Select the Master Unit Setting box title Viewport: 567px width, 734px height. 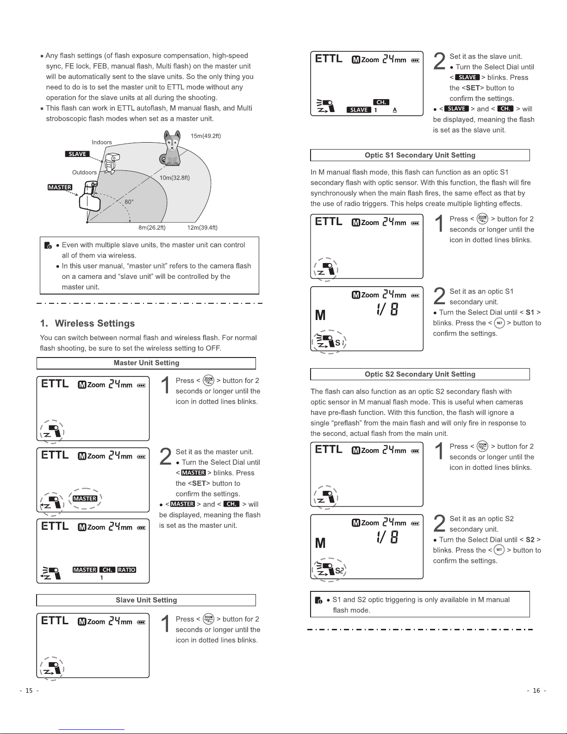tap(146, 363)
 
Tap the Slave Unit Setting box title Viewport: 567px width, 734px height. tap(146, 600)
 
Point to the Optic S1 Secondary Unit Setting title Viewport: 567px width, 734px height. tap(420, 155)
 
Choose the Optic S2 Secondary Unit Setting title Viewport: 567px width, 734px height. tap(420, 374)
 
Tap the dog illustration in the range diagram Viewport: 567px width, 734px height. tap(172, 148)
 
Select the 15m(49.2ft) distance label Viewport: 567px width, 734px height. tap(206, 136)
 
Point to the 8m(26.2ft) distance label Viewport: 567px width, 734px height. tap(152, 227)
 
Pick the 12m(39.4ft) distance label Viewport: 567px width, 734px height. tap(202, 227)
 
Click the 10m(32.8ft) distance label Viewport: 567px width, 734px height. tap(174, 177)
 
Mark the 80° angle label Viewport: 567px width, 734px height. tap(129, 202)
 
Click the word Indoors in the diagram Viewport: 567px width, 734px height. tap(102, 142)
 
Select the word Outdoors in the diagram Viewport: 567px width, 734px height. tap(84, 172)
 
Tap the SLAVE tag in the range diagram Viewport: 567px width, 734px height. tap(77, 154)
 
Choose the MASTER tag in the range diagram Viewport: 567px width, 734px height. tap(60, 188)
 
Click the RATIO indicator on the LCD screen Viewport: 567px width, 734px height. tap(126, 570)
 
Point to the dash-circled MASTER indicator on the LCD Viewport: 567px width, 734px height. tap(85, 499)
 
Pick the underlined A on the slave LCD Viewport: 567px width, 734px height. tap(394, 110)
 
